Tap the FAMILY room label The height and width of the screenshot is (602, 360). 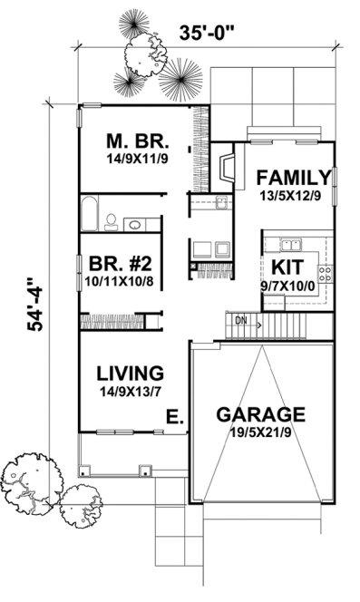291,177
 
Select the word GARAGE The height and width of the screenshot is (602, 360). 260,415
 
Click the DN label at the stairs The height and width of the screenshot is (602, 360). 240,321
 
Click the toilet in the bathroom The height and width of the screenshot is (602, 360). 111,219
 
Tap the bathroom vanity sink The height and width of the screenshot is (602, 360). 133,224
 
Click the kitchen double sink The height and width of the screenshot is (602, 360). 290,244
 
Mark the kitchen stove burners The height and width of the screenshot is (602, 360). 325,270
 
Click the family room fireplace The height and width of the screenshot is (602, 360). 227,170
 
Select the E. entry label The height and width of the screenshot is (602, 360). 174,417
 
